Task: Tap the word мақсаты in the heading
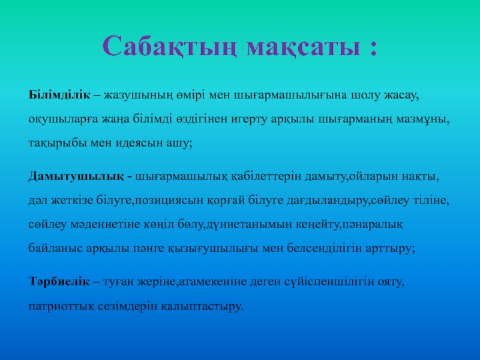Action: tap(304, 47)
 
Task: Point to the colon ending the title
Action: tap(373, 49)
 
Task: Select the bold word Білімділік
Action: tap(59, 95)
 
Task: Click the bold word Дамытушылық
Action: tap(76, 177)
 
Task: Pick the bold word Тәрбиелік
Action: tap(59, 281)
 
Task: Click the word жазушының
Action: tap(138, 96)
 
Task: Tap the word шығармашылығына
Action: tap(290, 96)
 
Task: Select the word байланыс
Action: tap(55, 248)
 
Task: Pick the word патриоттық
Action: tap(61, 306)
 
